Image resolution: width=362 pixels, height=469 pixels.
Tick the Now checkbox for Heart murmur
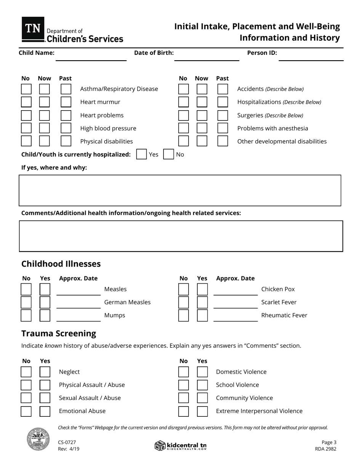click(44, 102)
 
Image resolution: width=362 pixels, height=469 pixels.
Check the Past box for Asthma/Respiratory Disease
click(66, 89)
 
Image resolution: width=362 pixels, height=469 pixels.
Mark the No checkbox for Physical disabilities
click(26, 141)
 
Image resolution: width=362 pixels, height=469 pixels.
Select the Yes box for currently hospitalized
click(141, 154)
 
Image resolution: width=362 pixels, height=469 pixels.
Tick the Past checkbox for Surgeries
click(223, 115)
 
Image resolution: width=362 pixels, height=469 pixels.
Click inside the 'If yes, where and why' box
click(180, 190)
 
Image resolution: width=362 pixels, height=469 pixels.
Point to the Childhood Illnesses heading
click(61, 264)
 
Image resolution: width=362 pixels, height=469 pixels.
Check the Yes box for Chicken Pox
click(202, 289)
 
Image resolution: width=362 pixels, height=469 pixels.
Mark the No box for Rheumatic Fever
click(183, 315)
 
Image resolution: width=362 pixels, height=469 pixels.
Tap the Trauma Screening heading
click(59, 333)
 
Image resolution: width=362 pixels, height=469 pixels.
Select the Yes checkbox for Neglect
click(45, 372)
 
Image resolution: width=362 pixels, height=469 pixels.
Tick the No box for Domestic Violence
click(183, 372)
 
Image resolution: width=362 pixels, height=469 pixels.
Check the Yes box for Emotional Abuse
click(45, 411)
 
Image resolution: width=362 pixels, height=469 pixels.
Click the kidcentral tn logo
click(181, 445)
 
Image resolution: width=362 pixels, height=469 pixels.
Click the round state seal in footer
click(38, 439)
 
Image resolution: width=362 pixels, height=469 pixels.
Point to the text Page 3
click(329, 442)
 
